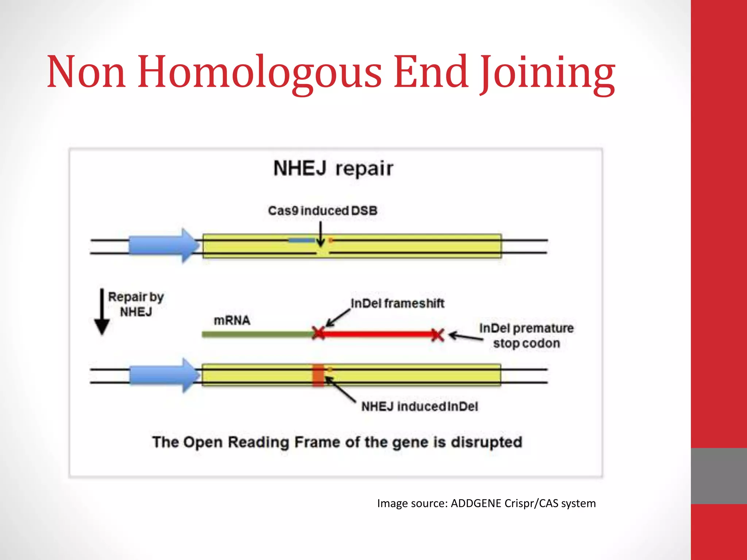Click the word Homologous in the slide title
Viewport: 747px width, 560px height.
point(260,72)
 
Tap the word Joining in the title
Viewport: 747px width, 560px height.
point(547,73)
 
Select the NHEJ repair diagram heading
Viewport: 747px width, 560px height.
point(333,168)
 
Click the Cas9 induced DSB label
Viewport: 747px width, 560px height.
point(322,211)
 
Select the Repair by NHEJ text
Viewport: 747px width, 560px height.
point(136,304)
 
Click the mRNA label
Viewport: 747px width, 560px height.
point(232,320)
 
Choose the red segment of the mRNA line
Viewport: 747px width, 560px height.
point(378,334)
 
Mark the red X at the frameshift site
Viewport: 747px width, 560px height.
point(318,333)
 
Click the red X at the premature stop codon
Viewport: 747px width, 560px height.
point(437,335)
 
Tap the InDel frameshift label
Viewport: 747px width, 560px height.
point(397,303)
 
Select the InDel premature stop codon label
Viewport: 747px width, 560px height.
point(526,336)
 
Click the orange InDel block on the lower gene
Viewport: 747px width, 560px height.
point(318,375)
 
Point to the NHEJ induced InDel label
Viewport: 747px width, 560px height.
point(419,407)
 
